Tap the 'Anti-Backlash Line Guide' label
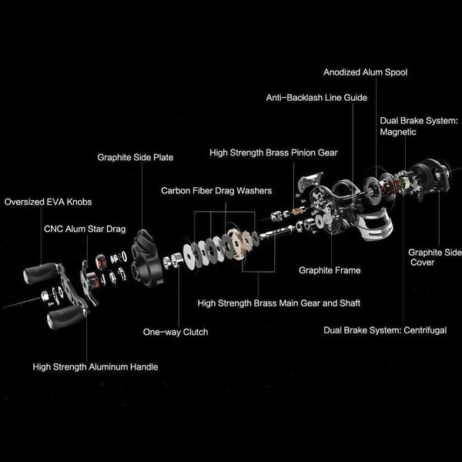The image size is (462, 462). click(x=316, y=99)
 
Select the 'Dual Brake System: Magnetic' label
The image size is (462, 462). click(x=419, y=126)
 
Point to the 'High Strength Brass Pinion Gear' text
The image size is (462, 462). click(x=273, y=153)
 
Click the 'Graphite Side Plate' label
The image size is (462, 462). click(x=135, y=157)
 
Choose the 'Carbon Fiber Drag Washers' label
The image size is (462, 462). click(x=216, y=189)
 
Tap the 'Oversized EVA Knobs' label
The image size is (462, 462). click(x=47, y=203)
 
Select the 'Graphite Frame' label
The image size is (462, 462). click(x=330, y=270)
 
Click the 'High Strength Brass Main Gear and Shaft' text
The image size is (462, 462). click(x=279, y=303)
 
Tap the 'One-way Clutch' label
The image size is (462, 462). click(x=176, y=332)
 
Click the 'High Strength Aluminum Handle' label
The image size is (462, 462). click(x=95, y=367)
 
